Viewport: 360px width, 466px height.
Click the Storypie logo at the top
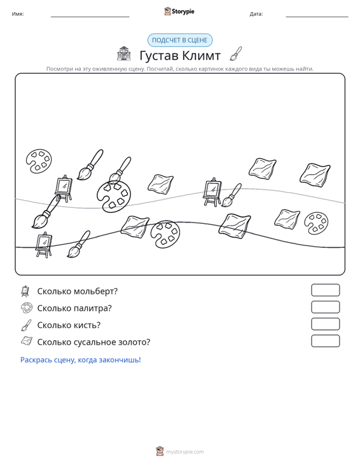[179, 11]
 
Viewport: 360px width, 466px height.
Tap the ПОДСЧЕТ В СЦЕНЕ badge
[180, 40]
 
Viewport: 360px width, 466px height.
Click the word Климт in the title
[201, 55]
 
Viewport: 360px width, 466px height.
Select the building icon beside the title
[124, 54]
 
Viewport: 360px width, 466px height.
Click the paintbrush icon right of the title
[236, 53]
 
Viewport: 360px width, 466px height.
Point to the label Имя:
[18, 14]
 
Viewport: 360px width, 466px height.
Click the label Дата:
[256, 14]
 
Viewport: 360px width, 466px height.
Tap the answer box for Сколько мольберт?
[325, 290]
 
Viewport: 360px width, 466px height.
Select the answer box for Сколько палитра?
[325, 307]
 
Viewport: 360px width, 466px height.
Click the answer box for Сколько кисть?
[325, 324]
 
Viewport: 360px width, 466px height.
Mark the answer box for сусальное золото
[325, 341]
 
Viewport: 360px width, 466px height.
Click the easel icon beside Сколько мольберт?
[25, 291]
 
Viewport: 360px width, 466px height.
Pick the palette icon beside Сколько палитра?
[27, 308]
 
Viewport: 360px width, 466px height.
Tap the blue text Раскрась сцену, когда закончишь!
[81, 360]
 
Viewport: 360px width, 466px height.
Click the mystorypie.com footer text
[185, 452]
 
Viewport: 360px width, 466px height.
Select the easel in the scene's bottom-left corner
[44, 245]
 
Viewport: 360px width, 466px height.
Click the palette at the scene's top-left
[39, 161]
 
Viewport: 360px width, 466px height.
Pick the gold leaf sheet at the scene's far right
[315, 175]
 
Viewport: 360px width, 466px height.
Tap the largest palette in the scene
[114, 196]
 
